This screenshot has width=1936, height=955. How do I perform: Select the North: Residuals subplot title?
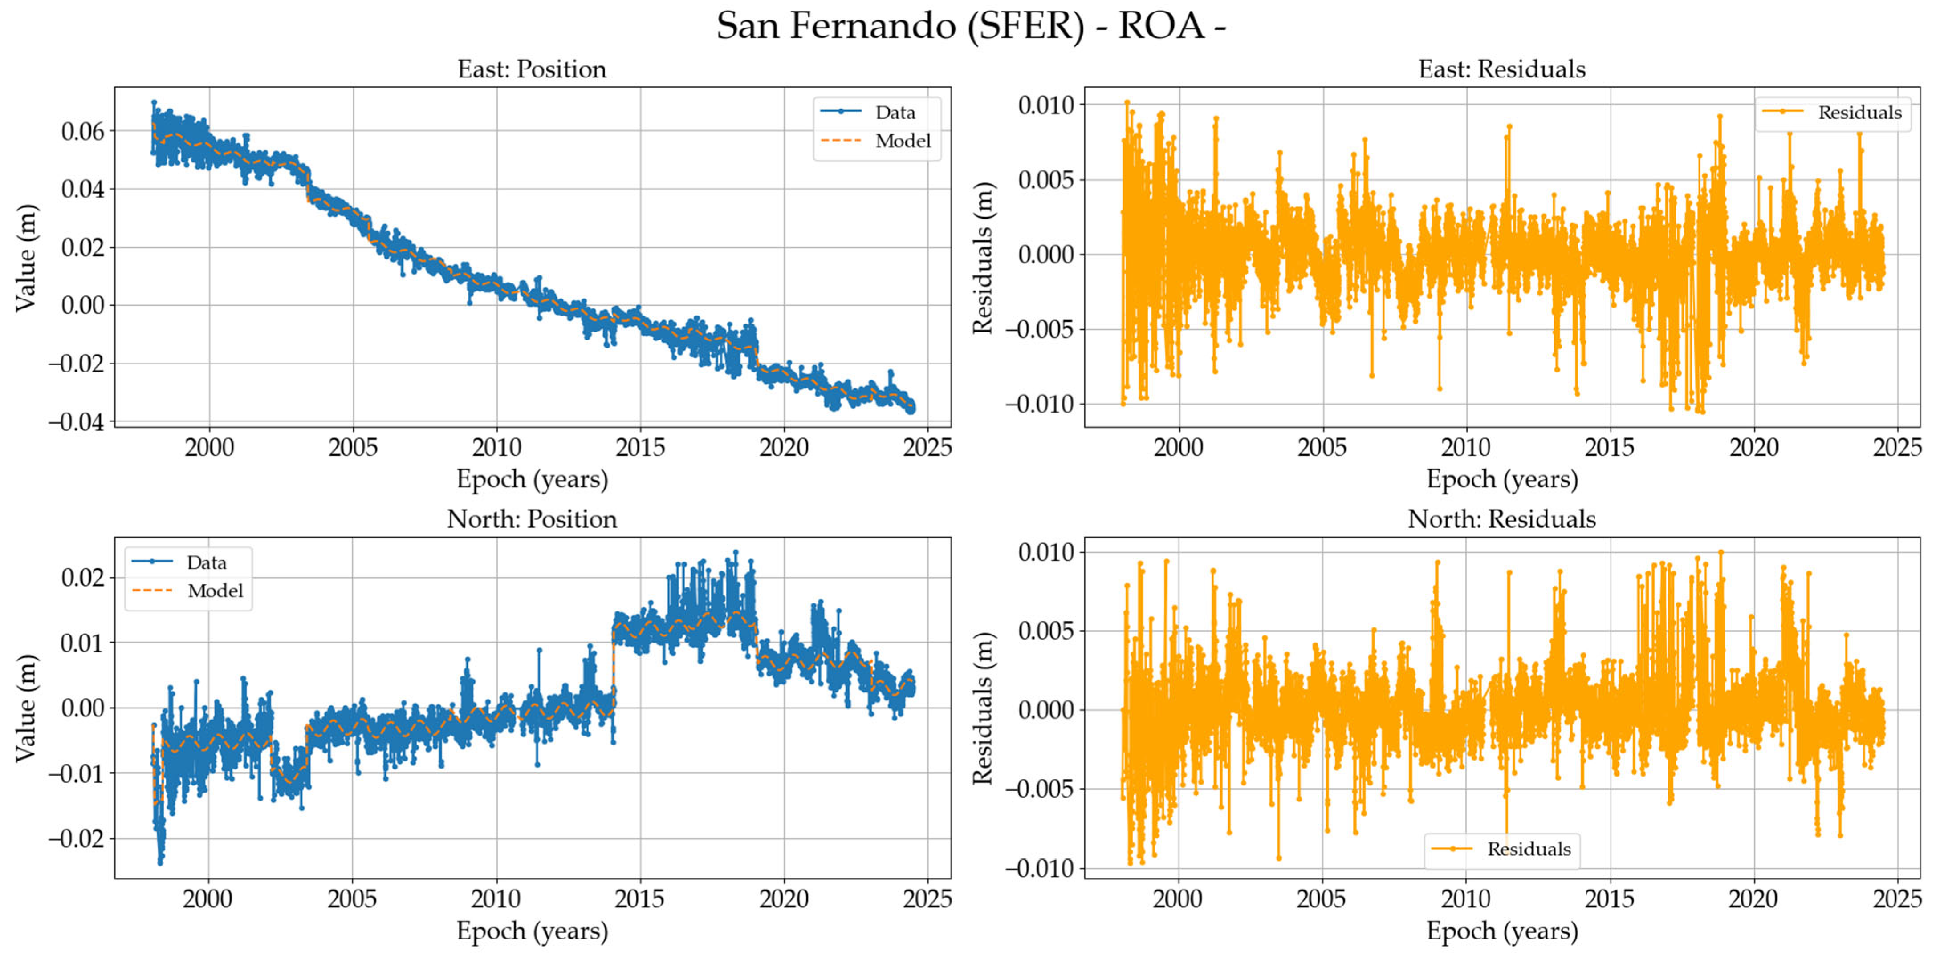[x=1501, y=519]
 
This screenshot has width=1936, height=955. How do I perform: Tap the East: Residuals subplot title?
[x=1501, y=69]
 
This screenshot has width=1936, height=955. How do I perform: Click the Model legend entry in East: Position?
[x=902, y=141]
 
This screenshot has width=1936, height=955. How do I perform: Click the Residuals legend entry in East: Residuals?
[x=1859, y=113]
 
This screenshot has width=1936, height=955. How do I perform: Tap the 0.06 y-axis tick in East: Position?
[x=83, y=131]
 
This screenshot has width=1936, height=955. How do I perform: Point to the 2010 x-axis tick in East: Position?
[x=496, y=448]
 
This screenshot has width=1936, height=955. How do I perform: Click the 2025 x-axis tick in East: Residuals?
[x=1897, y=448]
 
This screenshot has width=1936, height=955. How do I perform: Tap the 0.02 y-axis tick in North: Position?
[x=83, y=578]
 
